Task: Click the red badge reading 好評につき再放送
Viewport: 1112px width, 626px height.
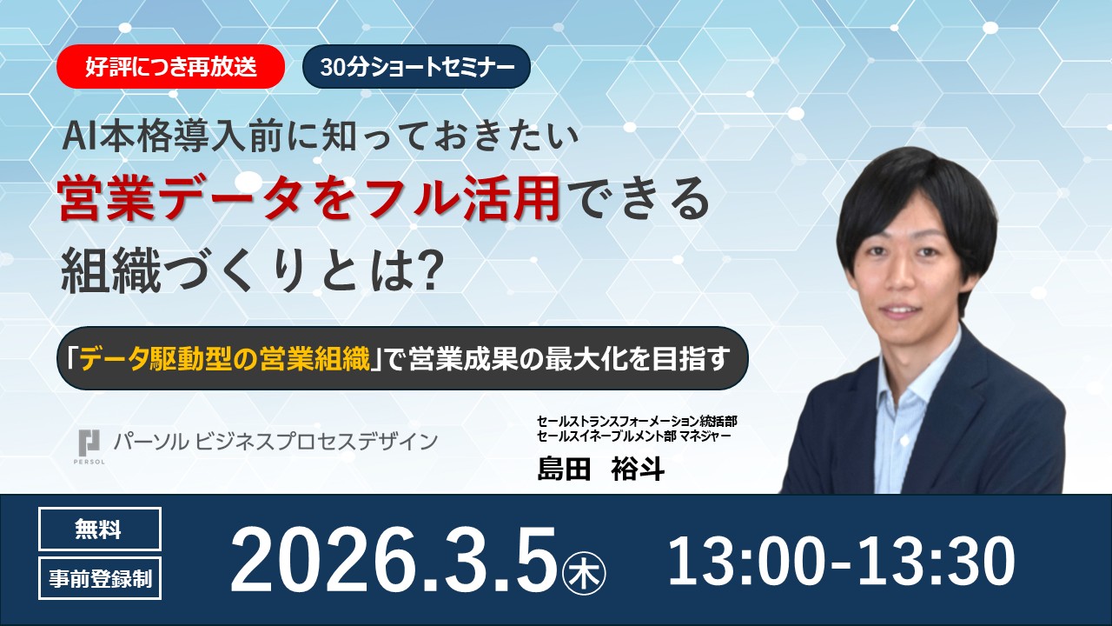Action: pos(171,68)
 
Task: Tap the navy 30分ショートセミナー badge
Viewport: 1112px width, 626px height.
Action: pos(416,68)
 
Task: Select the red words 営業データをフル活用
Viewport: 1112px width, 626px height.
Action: pos(308,200)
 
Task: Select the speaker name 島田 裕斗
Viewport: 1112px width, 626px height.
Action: pos(600,469)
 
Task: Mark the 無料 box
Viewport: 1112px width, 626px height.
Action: pos(99,529)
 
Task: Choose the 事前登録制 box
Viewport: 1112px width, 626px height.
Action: pos(99,578)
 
